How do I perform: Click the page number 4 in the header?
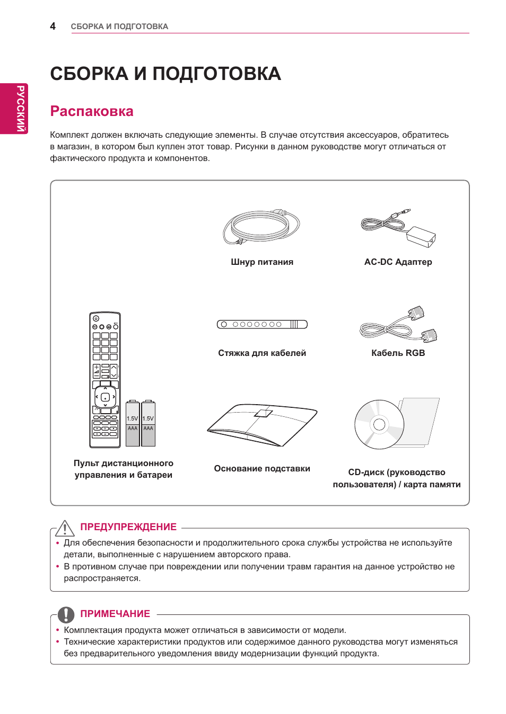click(53, 26)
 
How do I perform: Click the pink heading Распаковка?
click(92, 111)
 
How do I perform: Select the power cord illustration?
click(261, 227)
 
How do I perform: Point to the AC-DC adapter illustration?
click(399, 228)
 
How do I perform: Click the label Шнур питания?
click(262, 262)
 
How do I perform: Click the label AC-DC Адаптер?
click(398, 262)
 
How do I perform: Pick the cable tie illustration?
click(262, 324)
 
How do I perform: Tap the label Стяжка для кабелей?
click(262, 353)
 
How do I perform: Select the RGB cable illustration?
click(398, 325)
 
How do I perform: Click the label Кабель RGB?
click(398, 353)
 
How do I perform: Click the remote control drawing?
click(105, 379)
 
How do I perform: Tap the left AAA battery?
click(133, 424)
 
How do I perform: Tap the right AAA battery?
click(149, 424)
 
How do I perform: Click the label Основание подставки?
click(262, 468)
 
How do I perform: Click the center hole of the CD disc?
click(379, 424)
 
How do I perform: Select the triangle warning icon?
click(65, 528)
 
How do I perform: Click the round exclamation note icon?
click(66, 614)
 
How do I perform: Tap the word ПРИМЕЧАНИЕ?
click(115, 614)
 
